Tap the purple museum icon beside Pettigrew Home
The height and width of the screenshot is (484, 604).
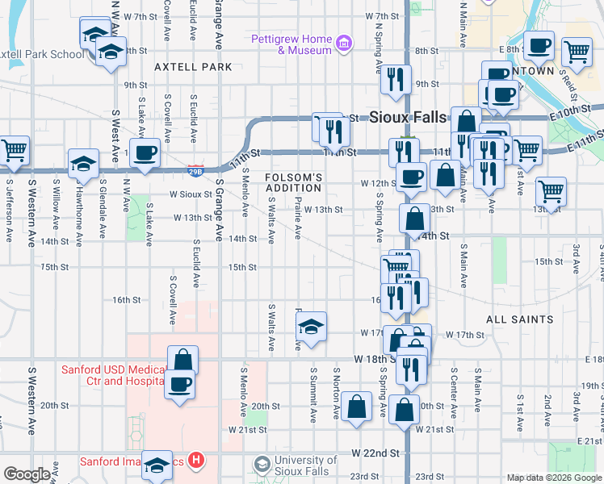[344, 42]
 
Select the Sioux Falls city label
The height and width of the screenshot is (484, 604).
[407, 116]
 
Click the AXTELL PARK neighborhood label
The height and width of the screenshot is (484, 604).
[187, 67]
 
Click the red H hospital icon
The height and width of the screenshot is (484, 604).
[195, 461]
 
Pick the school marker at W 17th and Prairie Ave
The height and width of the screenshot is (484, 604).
[311, 327]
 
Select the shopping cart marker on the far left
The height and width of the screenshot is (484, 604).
[15, 150]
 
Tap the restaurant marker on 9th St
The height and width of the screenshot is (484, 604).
[395, 79]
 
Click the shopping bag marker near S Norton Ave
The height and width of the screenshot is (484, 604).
[355, 407]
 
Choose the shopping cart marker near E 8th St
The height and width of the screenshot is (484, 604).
[577, 52]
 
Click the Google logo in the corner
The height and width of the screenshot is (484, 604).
[26, 474]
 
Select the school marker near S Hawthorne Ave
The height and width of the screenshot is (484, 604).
[83, 165]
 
